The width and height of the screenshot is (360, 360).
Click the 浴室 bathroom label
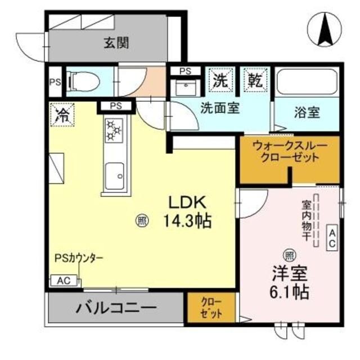[307, 112]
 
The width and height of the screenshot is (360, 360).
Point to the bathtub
[307, 83]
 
